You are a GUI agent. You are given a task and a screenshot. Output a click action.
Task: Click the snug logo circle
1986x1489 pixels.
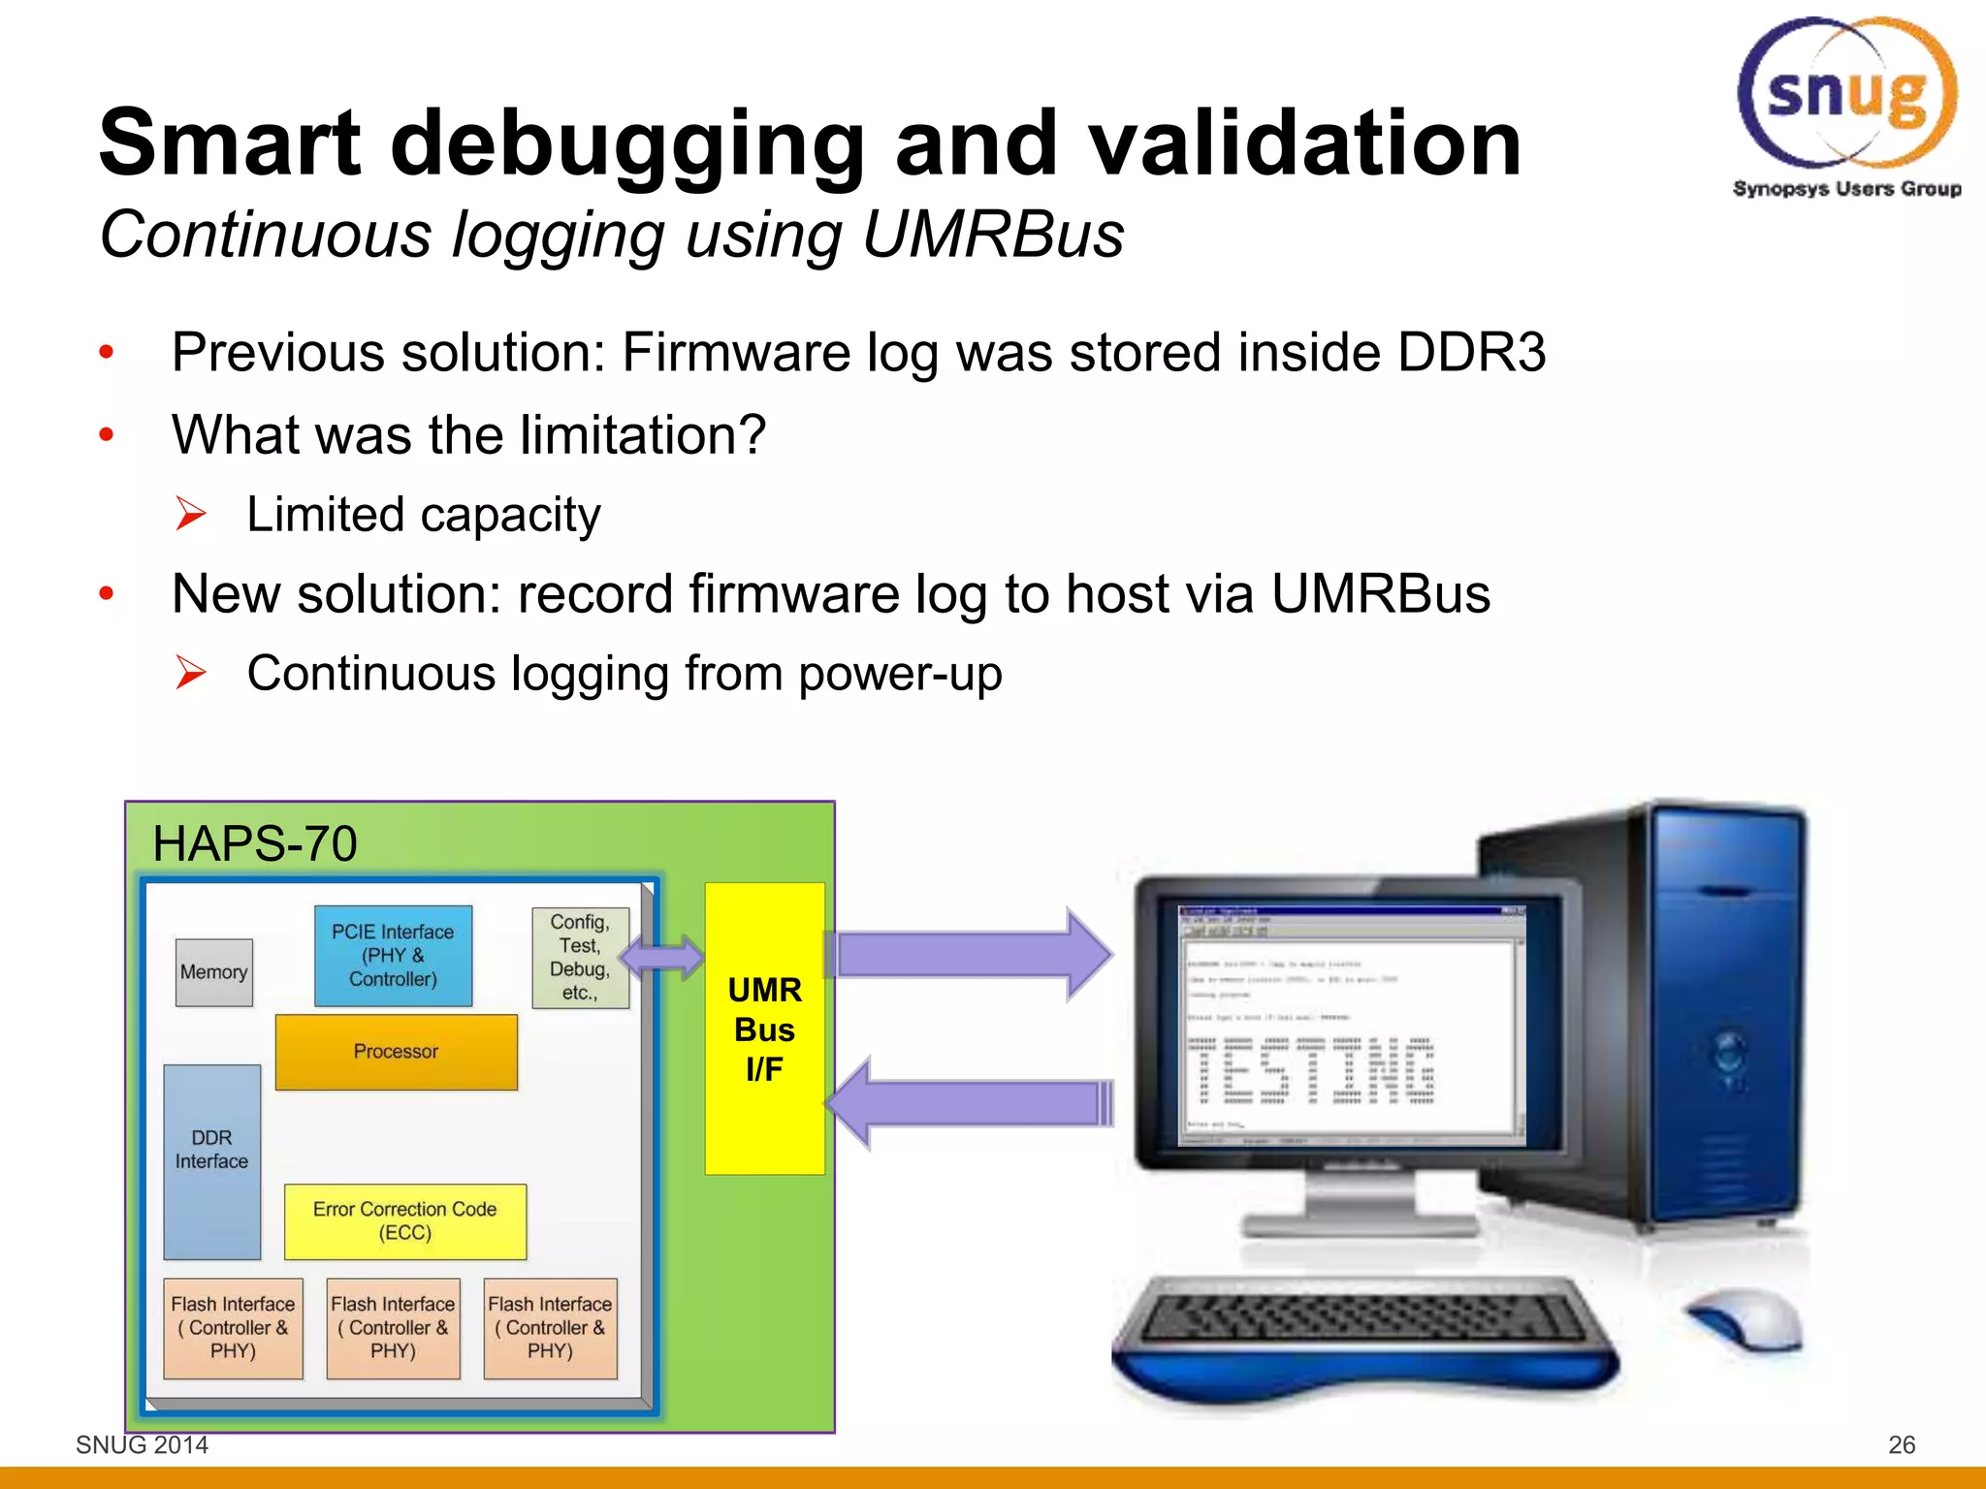(x=1847, y=93)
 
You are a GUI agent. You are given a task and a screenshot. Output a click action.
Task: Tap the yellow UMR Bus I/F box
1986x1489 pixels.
(x=764, y=1029)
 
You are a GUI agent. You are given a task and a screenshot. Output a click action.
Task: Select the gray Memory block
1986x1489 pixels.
(x=213, y=972)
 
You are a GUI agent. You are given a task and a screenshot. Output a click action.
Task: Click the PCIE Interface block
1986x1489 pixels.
(x=393, y=956)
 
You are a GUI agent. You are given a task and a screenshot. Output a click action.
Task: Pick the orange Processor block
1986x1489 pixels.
(x=396, y=1052)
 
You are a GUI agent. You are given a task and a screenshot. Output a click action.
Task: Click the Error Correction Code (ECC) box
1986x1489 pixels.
(x=404, y=1221)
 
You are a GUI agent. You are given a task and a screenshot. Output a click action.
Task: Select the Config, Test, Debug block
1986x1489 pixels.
(x=580, y=957)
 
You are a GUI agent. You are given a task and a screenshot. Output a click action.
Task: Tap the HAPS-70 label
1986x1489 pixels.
(x=255, y=843)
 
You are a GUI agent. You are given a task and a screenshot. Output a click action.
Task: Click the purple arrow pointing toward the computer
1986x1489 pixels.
(x=970, y=955)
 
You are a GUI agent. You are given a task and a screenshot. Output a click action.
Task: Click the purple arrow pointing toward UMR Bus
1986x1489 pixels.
(x=970, y=1103)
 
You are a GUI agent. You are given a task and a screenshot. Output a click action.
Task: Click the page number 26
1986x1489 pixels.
(x=1901, y=1444)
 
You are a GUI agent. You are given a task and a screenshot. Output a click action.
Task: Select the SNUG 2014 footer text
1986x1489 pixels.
(x=142, y=1444)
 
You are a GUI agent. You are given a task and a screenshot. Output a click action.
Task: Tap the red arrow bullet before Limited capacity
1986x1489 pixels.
(x=191, y=514)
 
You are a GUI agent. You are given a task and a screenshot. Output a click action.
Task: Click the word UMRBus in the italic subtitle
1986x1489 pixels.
(x=992, y=236)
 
